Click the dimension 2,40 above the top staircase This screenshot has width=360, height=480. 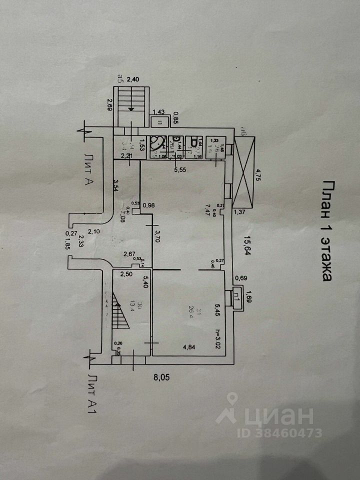[x=134, y=79]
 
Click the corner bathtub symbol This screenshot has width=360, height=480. [x=159, y=144]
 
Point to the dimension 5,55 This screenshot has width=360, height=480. [x=179, y=170]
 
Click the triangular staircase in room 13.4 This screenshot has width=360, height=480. [x=119, y=310]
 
